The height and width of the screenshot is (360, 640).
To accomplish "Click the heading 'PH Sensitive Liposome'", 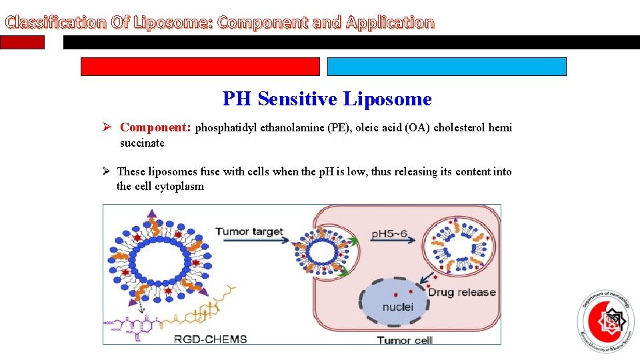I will (327, 99).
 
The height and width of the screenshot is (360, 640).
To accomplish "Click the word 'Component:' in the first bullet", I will (155, 127).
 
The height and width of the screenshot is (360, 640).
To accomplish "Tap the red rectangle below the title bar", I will (200, 67).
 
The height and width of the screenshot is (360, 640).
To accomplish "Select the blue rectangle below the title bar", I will (447, 67).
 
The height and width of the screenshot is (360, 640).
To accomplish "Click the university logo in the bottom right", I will (605, 323).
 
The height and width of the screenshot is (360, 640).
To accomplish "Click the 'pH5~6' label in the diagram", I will (392, 234).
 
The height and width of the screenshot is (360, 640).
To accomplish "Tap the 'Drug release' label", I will (461, 292).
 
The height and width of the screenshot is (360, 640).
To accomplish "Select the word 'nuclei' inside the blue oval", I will (397, 307).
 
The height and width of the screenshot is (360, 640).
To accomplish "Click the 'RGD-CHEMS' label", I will (210, 339).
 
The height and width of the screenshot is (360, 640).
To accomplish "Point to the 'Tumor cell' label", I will (404, 340).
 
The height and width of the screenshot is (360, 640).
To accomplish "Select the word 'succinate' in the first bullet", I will (142, 143).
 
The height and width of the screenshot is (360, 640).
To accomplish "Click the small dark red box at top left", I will (22, 43).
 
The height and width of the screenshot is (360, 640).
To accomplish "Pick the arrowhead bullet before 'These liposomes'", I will (107, 172).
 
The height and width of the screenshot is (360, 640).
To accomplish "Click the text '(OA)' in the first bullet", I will (417, 128).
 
